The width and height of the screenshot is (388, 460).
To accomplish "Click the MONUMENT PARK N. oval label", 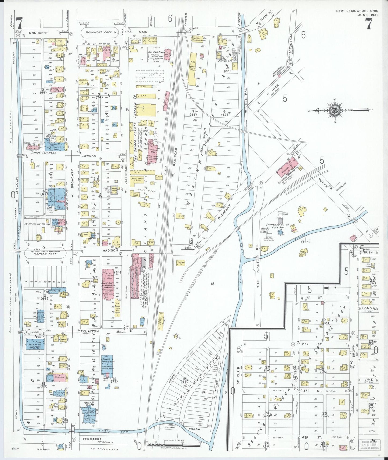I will (x=99, y=32).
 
